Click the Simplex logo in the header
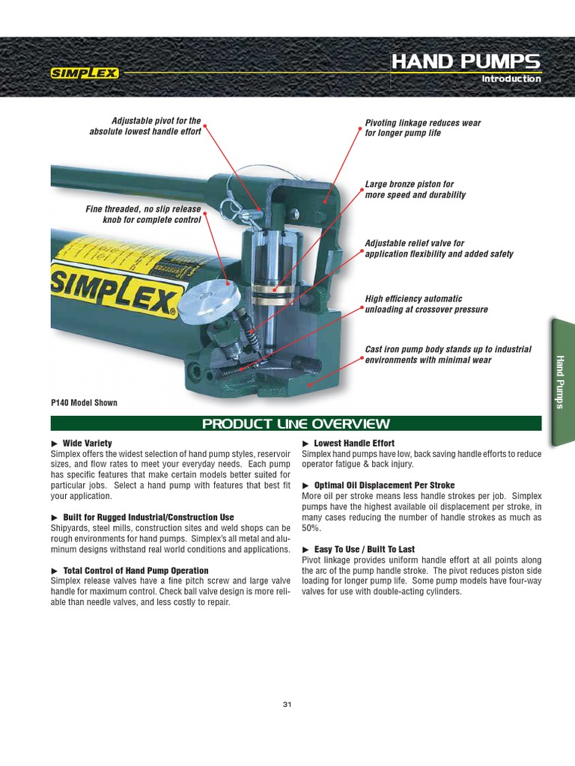84,73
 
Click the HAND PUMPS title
466,61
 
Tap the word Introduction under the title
511,79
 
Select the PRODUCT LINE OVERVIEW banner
296,424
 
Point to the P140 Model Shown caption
84,402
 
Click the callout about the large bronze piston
415,189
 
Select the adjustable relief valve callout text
439,248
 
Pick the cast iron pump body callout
448,355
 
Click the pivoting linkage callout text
422,128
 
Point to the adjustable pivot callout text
146,126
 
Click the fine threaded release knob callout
144,215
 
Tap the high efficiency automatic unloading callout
425,304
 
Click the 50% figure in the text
311,527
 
